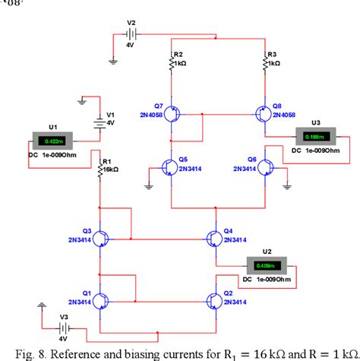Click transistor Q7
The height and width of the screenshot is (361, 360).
point(174,115)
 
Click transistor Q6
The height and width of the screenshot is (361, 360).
point(264,166)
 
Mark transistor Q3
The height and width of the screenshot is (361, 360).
point(101,236)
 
